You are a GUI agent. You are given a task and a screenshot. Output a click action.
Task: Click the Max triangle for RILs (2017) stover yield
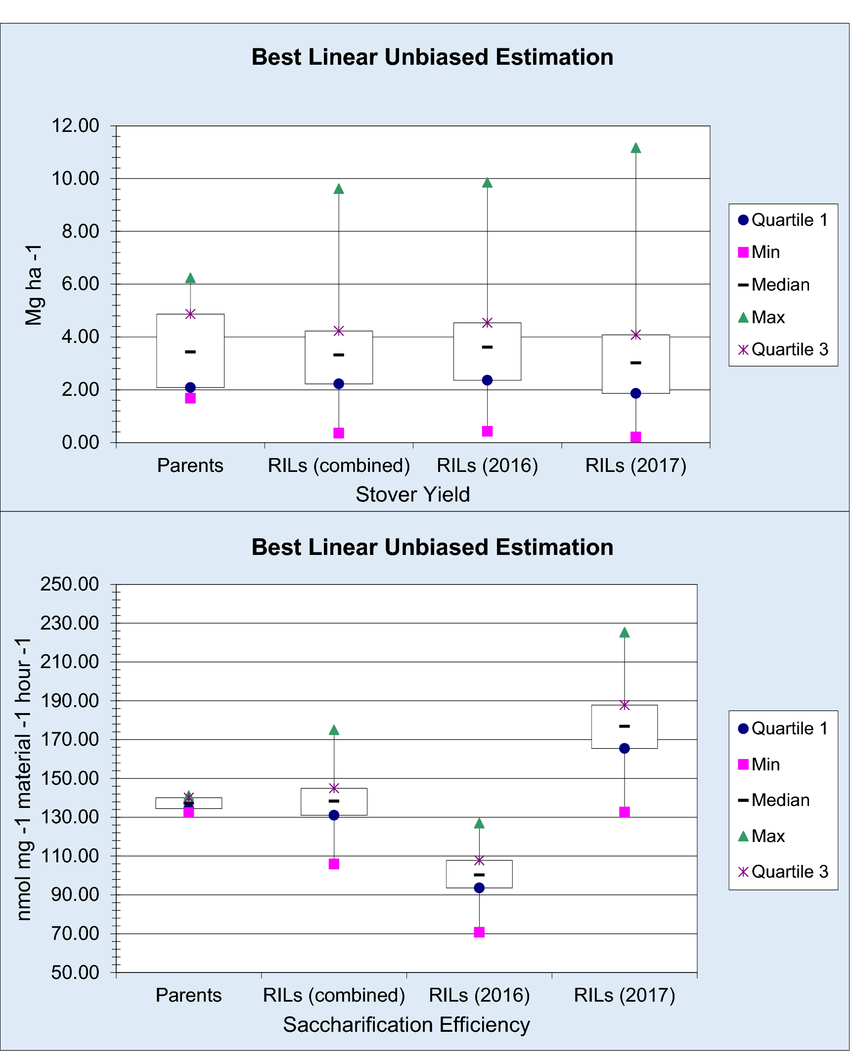point(635,148)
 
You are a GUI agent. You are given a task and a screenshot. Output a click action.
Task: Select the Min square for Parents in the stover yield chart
point(190,398)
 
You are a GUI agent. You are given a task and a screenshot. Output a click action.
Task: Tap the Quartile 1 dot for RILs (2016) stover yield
point(487,380)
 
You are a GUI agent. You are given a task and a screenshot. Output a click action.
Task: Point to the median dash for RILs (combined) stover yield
point(339,355)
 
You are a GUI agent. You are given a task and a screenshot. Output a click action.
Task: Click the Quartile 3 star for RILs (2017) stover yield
point(635,335)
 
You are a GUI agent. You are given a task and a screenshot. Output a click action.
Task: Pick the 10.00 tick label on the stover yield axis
point(75,178)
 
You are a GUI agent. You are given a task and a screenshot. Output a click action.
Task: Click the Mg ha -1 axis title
point(34,285)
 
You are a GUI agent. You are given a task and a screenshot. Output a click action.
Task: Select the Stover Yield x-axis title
point(412,494)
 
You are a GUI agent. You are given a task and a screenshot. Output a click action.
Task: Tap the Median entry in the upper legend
point(780,285)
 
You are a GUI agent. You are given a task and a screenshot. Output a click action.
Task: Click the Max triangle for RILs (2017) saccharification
point(624,633)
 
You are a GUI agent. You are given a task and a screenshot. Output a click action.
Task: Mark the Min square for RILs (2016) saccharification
point(479,932)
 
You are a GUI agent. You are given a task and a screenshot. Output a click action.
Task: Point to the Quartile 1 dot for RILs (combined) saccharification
point(334,815)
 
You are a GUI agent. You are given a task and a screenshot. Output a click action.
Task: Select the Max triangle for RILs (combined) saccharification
point(334,730)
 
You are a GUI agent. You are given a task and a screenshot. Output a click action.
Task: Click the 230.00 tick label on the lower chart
point(70,623)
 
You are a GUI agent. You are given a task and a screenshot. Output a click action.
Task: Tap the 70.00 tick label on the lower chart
point(75,933)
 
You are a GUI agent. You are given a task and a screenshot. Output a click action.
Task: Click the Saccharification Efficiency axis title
point(406,1024)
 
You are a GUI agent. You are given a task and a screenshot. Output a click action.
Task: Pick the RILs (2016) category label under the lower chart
point(479,995)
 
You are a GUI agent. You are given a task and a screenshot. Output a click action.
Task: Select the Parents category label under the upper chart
point(190,465)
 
